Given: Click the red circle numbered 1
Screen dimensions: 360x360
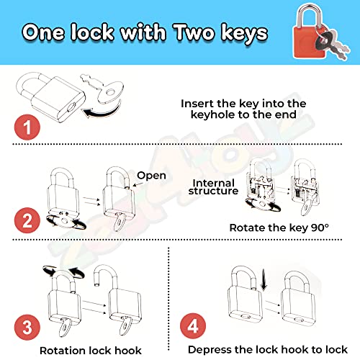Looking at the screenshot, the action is point(27,127).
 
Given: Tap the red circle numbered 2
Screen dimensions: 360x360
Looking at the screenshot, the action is point(27,220).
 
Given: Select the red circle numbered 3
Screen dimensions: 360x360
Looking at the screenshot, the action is point(27,328).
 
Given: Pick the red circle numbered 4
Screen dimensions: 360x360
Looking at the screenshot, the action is point(193,326).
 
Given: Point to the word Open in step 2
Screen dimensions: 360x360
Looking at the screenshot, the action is point(151,176).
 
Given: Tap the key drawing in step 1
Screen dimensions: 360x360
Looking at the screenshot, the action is point(103,89).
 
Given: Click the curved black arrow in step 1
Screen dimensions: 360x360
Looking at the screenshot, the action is point(102,110).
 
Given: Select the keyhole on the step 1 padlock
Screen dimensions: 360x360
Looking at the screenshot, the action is point(72,107).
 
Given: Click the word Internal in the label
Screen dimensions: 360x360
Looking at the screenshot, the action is point(214,183).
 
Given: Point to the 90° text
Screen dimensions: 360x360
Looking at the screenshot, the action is point(320,228).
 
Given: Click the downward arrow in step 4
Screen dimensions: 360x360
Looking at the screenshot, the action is point(264,279).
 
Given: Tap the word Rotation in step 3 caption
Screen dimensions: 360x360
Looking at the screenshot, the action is point(63,351).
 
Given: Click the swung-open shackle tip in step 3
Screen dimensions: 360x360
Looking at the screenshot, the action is point(96,284).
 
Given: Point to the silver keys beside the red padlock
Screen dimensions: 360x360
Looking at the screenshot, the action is point(333,45).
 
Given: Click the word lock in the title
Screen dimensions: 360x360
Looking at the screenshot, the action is point(92,32).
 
